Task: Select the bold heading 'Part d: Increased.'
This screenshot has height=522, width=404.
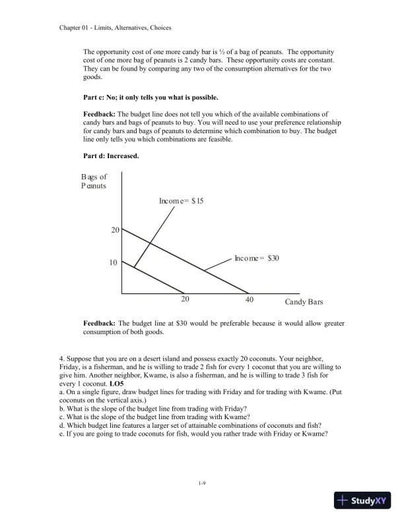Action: [x=110, y=156]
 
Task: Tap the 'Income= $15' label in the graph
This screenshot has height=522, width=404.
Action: [x=181, y=200]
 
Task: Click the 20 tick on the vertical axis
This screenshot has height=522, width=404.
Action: [x=114, y=230]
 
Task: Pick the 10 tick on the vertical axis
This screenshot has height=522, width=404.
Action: [x=113, y=262]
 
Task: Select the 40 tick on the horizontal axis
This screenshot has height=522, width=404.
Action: [x=249, y=300]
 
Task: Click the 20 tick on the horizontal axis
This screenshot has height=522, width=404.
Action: [x=185, y=300]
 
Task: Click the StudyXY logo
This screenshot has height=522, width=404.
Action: [x=362, y=500]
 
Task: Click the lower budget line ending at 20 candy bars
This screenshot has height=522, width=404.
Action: [x=158, y=280]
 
